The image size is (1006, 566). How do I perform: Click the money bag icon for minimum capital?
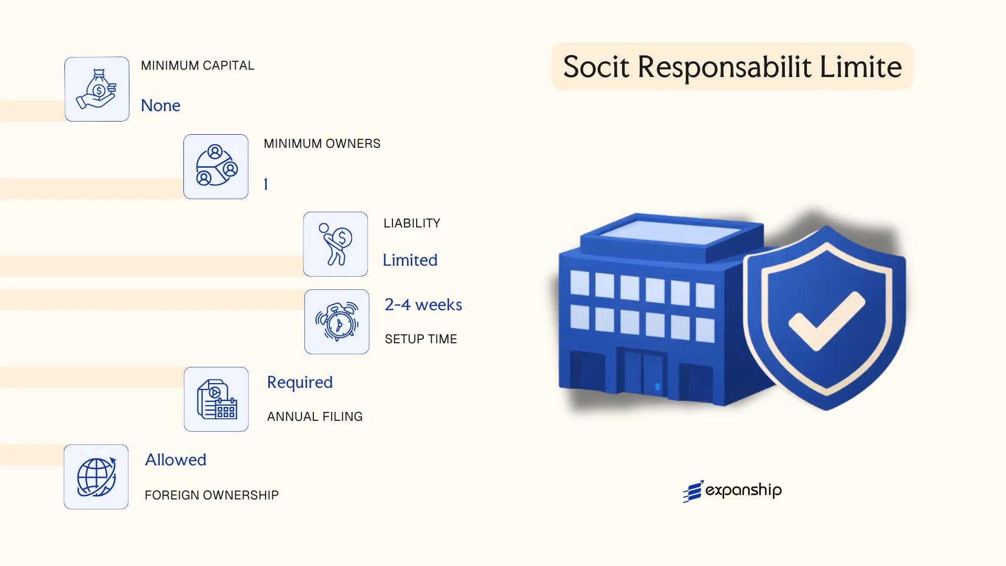[x=97, y=89]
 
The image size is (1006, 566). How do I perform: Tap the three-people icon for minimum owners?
[x=216, y=167]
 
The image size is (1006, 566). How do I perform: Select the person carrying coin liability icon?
[x=335, y=244]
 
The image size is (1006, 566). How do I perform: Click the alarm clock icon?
[x=337, y=322]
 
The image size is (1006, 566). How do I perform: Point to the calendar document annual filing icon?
[x=216, y=399]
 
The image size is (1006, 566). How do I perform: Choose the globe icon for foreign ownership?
[x=96, y=477]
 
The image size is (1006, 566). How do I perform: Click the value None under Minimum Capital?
[x=160, y=105]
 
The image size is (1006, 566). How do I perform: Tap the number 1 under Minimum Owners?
[x=266, y=184]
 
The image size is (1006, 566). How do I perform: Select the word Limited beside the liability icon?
[x=410, y=260]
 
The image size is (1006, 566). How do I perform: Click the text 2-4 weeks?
[x=423, y=304]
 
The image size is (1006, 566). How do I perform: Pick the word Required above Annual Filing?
[x=300, y=382]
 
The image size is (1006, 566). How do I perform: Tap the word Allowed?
[x=176, y=460]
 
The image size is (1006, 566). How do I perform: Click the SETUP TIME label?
[x=421, y=339]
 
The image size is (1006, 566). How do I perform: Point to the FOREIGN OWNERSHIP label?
[x=212, y=495]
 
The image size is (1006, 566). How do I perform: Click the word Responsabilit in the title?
[x=724, y=67]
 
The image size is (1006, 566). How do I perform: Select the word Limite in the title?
[x=860, y=67]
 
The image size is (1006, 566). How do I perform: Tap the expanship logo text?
[x=743, y=491]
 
